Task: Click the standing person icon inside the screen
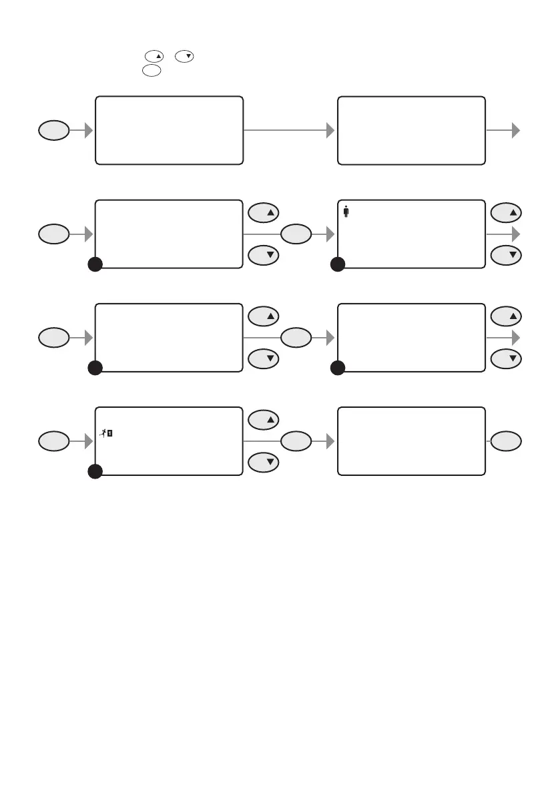tap(346, 212)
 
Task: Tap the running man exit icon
tap(106, 433)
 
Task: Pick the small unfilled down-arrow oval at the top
tap(185, 59)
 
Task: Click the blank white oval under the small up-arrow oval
tap(151, 69)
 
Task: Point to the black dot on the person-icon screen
tap(338, 264)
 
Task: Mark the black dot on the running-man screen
tap(95, 471)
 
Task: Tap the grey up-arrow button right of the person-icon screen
tap(508, 212)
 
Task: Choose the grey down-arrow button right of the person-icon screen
tap(508, 255)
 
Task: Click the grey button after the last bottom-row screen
tap(508, 441)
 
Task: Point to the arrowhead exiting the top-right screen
tap(515, 131)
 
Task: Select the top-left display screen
tap(169, 130)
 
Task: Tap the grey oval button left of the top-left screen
tap(53, 131)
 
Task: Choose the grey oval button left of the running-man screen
tap(53, 441)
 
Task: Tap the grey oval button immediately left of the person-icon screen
tap(296, 234)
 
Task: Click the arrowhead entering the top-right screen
tap(330, 131)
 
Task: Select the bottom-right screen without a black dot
tap(411, 441)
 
